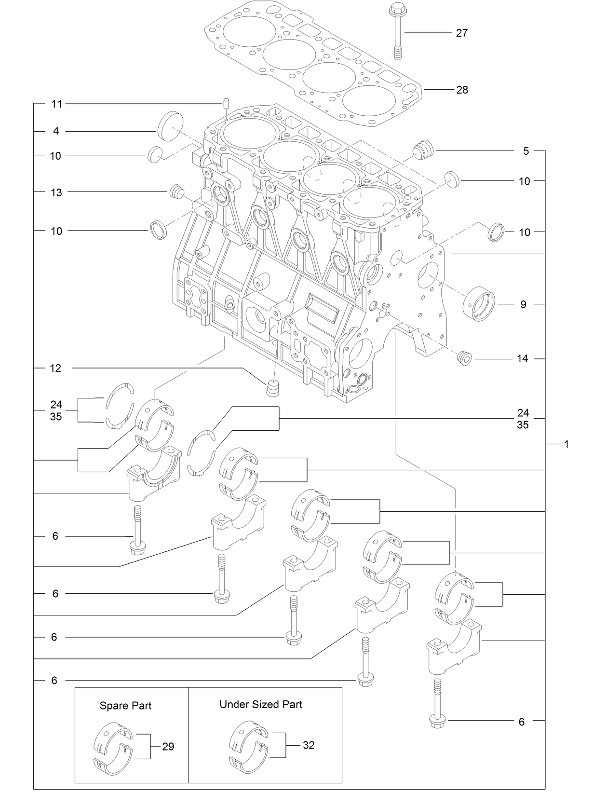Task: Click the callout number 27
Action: pyautogui.click(x=461, y=33)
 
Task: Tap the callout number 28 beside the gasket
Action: pyautogui.click(x=462, y=90)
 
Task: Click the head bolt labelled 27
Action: pyautogui.click(x=397, y=29)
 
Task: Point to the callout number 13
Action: pyautogui.click(x=56, y=192)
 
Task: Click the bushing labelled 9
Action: pyautogui.click(x=479, y=304)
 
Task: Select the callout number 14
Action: pyautogui.click(x=523, y=359)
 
